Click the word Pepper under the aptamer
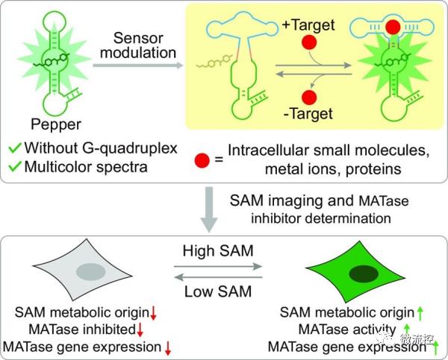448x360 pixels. pyautogui.click(x=56, y=125)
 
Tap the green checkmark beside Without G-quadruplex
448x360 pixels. pyautogui.click(x=15, y=148)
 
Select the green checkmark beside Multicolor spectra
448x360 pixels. pyautogui.click(x=15, y=166)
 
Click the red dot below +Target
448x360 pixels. pyautogui.click(x=309, y=42)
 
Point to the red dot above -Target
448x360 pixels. pyautogui.click(x=309, y=98)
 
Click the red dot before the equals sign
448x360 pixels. pyautogui.click(x=202, y=160)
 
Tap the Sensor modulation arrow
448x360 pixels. pyautogui.click(x=138, y=66)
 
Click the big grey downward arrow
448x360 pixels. pyautogui.click(x=209, y=209)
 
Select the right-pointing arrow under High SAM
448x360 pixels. pyautogui.click(x=218, y=266)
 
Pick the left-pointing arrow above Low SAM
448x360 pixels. pyautogui.click(x=218, y=277)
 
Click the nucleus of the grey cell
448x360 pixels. pyautogui.click(x=91, y=271)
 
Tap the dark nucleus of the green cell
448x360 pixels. pyautogui.click(x=364, y=274)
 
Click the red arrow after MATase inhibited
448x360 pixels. pyautogui.click(x=140, y=330)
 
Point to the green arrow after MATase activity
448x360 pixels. pyautogui.click(x=407, y=329)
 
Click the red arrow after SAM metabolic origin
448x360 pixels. pyautogui.click(x=153, y=313)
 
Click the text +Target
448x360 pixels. pyautogui.click(x=308, y=25)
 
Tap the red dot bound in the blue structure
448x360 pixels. pyautogui.click(x=393, y=27)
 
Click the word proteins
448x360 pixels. pyautogui.click(x=373, y=170)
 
